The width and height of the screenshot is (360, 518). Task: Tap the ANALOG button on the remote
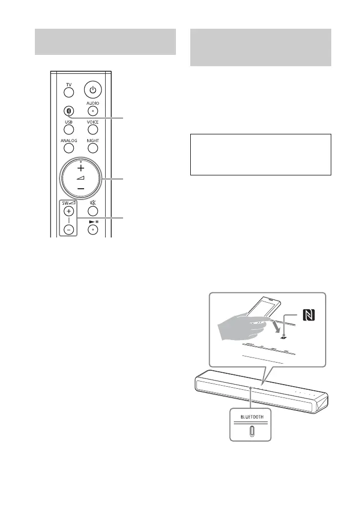coord(69,148)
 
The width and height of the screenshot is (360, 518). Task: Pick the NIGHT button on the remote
coord(93,148)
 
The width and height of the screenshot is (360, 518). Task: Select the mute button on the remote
coord(93,209)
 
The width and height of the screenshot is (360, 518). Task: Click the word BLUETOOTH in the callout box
coord(250,417)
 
